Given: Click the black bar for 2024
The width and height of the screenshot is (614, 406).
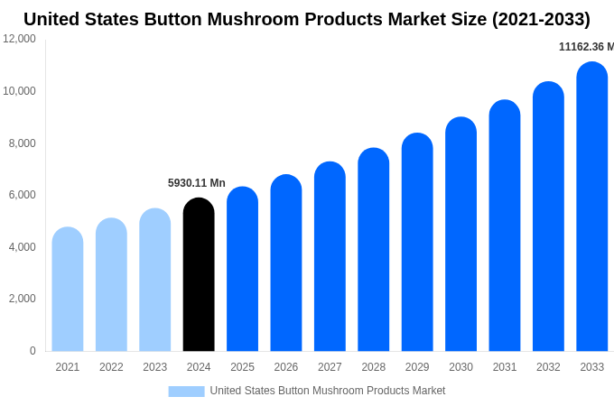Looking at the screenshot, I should click(199, 275).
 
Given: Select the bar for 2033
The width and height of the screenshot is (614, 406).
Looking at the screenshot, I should click(591, 208).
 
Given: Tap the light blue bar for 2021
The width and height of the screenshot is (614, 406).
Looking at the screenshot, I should click(68, 290).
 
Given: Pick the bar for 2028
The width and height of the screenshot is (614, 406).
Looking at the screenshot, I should click(373, 250).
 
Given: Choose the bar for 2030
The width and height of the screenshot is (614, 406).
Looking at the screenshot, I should click(460, 235).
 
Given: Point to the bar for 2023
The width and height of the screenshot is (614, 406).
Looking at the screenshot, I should click(154, 280).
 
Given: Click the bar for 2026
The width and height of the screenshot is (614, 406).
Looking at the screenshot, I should click(286, 263).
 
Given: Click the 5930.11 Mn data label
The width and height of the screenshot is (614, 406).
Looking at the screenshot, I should click(197, 183).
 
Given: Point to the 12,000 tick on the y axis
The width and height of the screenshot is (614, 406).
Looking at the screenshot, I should click(20, 39).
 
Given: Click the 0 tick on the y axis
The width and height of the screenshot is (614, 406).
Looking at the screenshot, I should click(33, 351).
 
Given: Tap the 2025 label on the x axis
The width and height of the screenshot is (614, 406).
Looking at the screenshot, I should click(242, 367).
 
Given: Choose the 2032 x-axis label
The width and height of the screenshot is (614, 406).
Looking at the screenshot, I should click(548, 367).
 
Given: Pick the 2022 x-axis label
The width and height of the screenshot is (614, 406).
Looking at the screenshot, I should click(111, 367).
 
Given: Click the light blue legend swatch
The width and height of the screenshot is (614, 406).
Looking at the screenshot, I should click(186, 391).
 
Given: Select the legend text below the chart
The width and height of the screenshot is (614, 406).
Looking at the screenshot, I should click(327, 391).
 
